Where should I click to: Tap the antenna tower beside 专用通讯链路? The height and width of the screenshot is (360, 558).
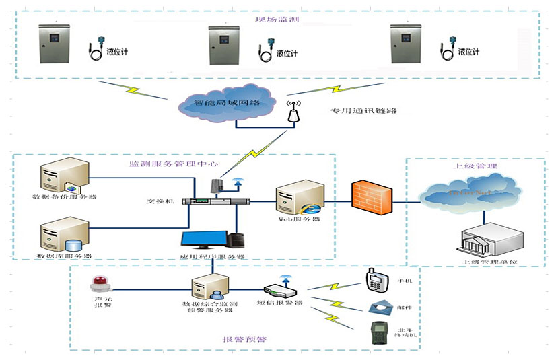click(x=293, y=112)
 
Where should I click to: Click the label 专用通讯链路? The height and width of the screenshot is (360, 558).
click(x=359, y=110)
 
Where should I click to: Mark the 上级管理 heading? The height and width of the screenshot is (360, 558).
click(x=472, y=166)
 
